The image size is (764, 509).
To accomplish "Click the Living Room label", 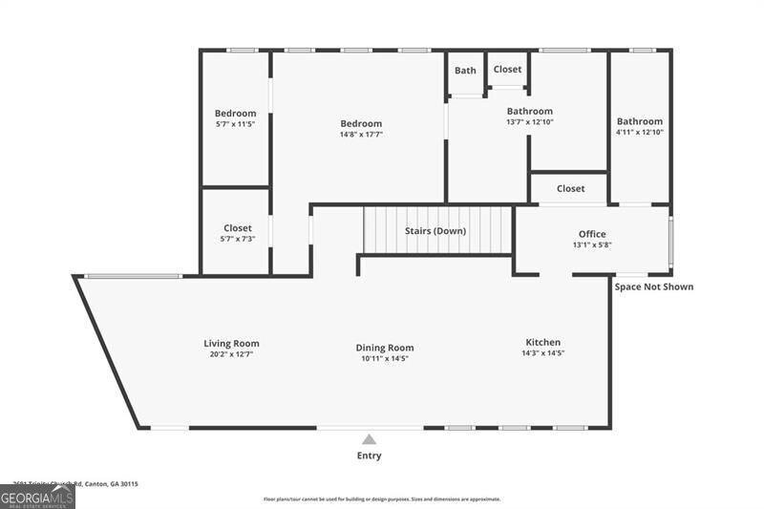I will pos(231,344).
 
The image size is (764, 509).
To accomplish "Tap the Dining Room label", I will pos(385,348).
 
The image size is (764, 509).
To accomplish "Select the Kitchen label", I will pos(542,343).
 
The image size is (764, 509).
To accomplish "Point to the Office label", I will pos(592,234).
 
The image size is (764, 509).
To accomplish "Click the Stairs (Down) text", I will pos(435,231).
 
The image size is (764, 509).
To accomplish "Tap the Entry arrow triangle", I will pos(370,439).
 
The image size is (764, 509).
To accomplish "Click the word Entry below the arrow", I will pos(370,456).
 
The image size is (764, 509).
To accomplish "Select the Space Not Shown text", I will pos(653,286).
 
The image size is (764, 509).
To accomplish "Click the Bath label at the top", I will pos(465,71).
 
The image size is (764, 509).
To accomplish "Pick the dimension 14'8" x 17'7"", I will pos(361,135).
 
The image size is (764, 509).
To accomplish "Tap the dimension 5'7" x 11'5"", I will pos(235,124).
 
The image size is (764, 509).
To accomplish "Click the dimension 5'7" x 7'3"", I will pos(238,239).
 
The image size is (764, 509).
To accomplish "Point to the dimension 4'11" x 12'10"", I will pos(639,132).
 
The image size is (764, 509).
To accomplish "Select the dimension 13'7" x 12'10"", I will pos(529,122).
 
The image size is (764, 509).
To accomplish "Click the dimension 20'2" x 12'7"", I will pos(231,354).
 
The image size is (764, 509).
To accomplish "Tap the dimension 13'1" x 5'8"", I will pos(592,244).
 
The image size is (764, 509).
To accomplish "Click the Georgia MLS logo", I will pos(37,497).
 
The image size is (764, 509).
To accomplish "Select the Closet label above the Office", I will pos(570,189).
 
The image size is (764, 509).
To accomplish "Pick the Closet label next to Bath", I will pos(507,70).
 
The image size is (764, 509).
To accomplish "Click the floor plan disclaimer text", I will pos(382,498).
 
